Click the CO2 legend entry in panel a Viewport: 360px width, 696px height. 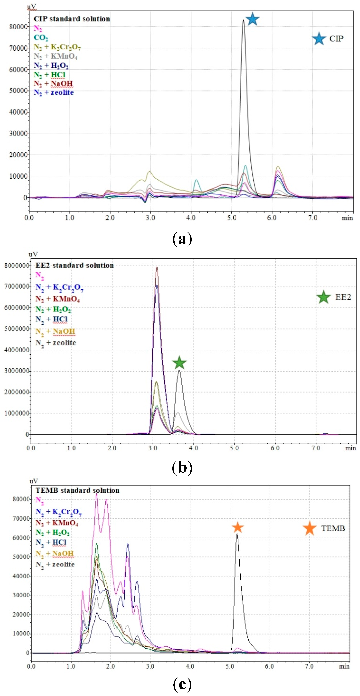[x=41, y=38]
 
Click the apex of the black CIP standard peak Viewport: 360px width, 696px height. [x=243, y=20]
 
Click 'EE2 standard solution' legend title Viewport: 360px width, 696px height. [x=75, y=265]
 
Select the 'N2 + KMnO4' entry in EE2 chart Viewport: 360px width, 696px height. [x=58, y=299]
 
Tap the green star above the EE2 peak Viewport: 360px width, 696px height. [x=179, y=363]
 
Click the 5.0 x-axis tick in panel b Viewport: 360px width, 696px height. [x=234, y=448]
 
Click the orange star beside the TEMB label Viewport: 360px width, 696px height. [x=310, y=528]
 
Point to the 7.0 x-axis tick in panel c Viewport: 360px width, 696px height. [x=309, y=666]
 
